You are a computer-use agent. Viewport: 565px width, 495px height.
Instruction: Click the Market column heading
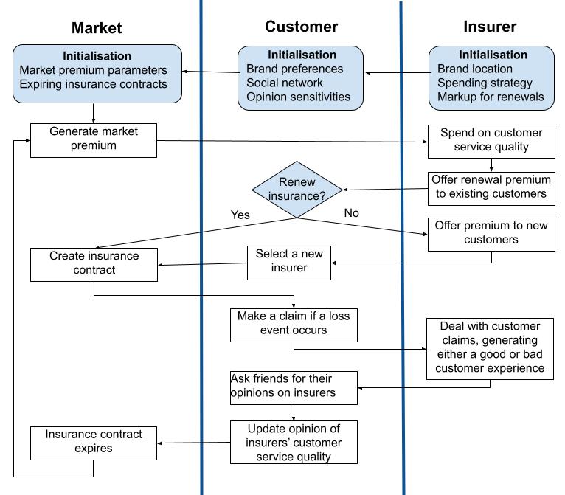point(97,28)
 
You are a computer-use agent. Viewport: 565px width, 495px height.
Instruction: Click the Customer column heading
point(301,27)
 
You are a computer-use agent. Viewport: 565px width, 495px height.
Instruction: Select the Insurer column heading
point(490,27)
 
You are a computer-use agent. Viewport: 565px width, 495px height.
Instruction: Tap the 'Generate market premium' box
point(94,139)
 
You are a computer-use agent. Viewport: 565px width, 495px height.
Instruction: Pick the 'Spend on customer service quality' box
point(491,140)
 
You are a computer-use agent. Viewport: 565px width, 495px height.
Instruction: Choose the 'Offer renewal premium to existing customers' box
point(491,187)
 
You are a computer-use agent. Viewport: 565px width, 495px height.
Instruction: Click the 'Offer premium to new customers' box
point(491,232)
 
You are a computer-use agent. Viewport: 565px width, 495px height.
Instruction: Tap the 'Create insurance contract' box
point(94,263)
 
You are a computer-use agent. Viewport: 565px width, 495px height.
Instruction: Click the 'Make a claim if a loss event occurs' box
point(294,323)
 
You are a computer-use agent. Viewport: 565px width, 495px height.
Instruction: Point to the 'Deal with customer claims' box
point(491,348)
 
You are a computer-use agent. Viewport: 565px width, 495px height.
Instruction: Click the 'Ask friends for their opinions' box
point(294,386)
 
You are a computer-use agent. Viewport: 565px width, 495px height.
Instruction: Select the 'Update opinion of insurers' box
point(294,441)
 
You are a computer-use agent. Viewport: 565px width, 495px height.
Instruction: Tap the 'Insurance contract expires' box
point(94,442)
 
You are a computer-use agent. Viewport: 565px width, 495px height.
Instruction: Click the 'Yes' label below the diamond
point(240,215)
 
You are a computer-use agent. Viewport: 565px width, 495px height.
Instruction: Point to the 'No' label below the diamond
point(352,212)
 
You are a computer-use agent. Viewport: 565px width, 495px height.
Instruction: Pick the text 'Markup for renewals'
point(491,97)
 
